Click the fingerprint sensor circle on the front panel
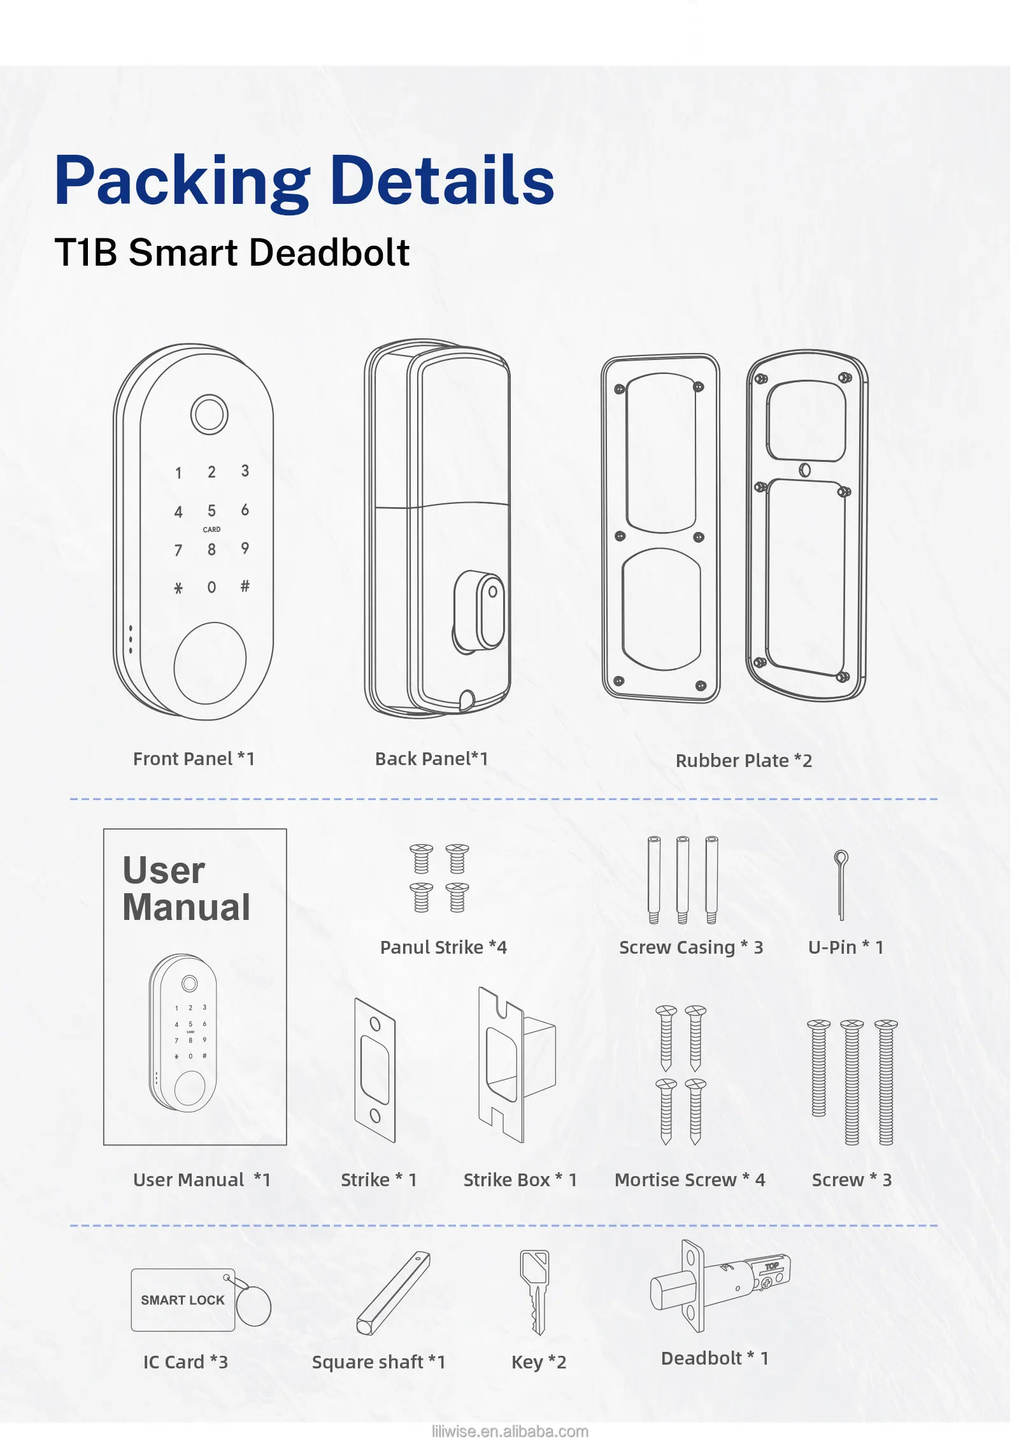coord(209,414)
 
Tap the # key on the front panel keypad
coord(245,585)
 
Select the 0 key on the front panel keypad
coord(211,587)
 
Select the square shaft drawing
coord(393,1293)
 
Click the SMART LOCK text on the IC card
coord(183,1300)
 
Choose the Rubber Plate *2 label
coord(743,761)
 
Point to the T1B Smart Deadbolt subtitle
coord(232,252)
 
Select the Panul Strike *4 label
coord(443,947)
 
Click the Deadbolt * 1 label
coord(715,1358)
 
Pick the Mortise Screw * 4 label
coord(690,1180)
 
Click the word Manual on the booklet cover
coord(187,907)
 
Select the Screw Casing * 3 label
coord(691,947)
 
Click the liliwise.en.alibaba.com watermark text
coord(510,1432)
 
